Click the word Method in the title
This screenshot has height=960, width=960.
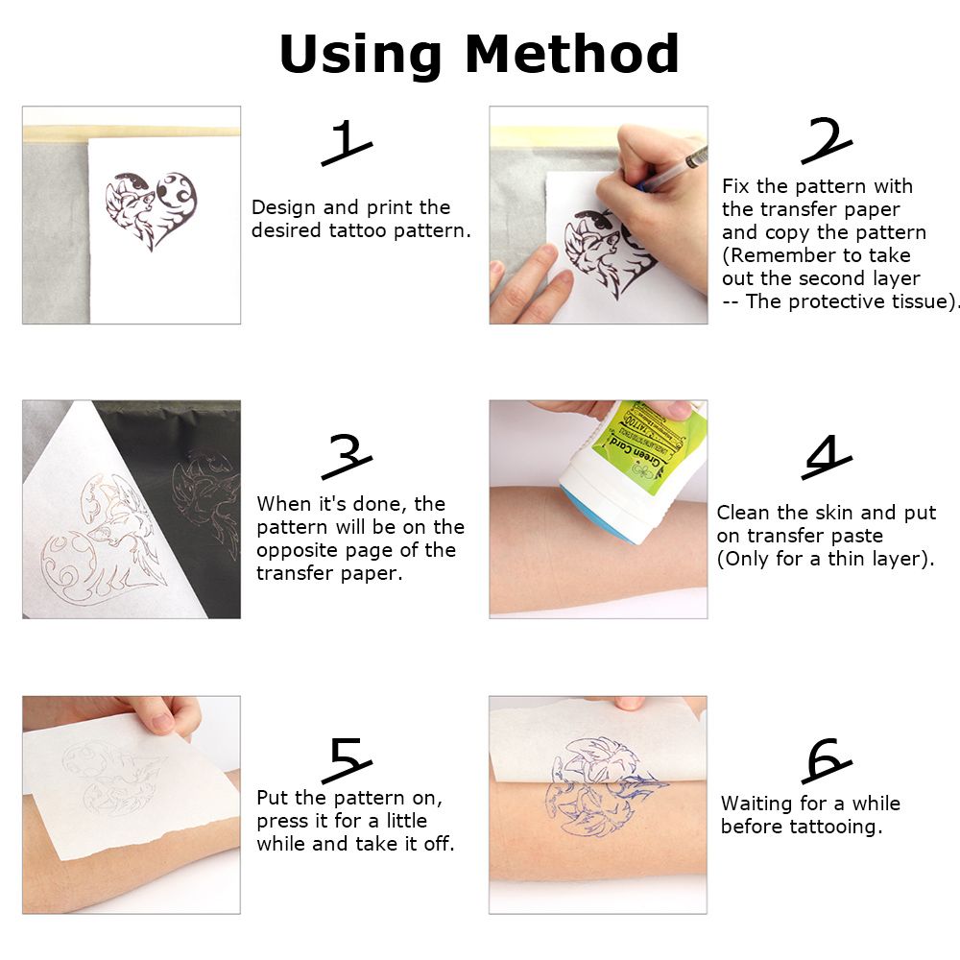pyautogui.click(x=572, y=54)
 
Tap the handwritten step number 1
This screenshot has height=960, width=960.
pyautogui.click(x=346, y=143)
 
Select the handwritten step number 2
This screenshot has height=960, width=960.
pyautogui.click(x=827, y=140)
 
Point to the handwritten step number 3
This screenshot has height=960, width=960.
pyautogui.click(x=347, y=457)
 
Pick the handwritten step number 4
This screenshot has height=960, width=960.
pyautogui.click(x=827, y=457)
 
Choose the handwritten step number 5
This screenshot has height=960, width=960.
pyautogui.click(x=347, y=759)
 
